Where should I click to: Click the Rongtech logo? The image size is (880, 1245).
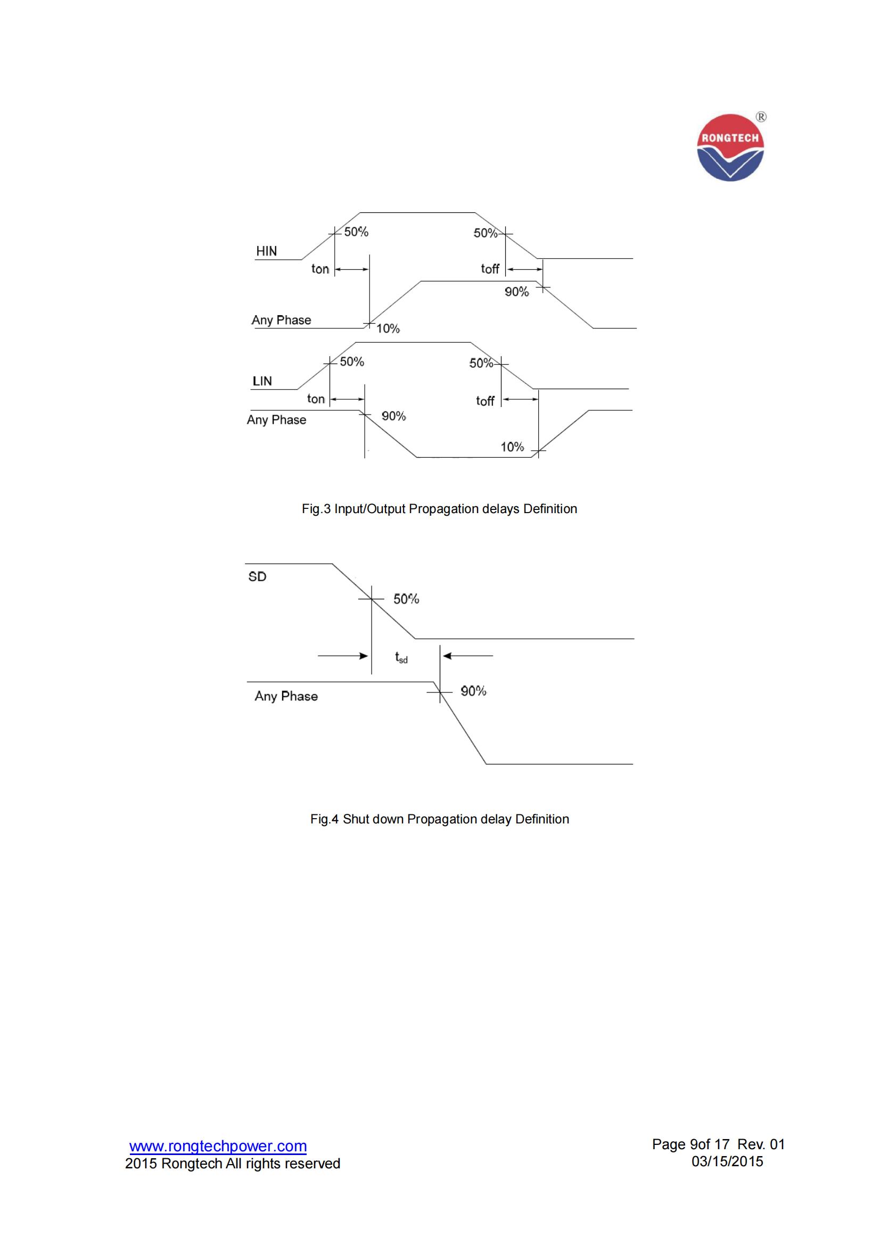click(x=730, y=147)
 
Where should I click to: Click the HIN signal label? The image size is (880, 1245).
click(x=266, y=251)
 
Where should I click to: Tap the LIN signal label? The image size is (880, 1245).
click(x=262, y=381)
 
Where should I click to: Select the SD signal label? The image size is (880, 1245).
click(x=257, y=576)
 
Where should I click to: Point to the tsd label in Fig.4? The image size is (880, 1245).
click(x=401, y=658)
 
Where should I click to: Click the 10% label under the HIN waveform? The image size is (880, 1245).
click(x=388, y=328)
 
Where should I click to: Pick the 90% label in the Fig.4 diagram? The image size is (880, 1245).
click(x=473, y=691)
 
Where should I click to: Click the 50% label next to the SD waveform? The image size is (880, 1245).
click(x=406, y=599)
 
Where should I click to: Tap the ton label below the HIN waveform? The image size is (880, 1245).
click(x=320, y=269)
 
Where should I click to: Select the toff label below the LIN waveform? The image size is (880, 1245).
click(x=486, y=401)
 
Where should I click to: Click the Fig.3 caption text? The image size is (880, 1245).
click(x=439, y=509)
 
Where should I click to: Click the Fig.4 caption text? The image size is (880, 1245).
click(x=439, y=819)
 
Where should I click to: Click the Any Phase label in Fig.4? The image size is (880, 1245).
click(x=286, y=696)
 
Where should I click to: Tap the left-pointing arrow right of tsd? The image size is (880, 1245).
click(x=467, y=656)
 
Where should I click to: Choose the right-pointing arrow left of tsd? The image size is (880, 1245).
click(x=343, y=656)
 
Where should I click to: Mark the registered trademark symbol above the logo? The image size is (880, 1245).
click(x=761, y=117)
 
